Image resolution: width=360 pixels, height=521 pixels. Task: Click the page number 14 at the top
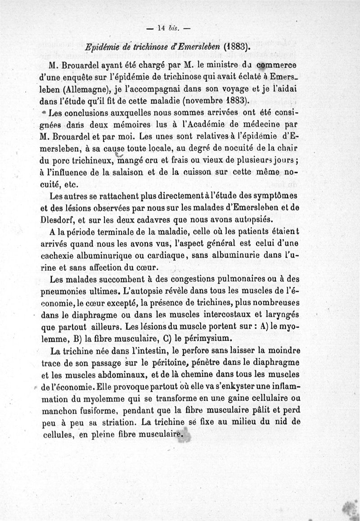click(x=162, y=28)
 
